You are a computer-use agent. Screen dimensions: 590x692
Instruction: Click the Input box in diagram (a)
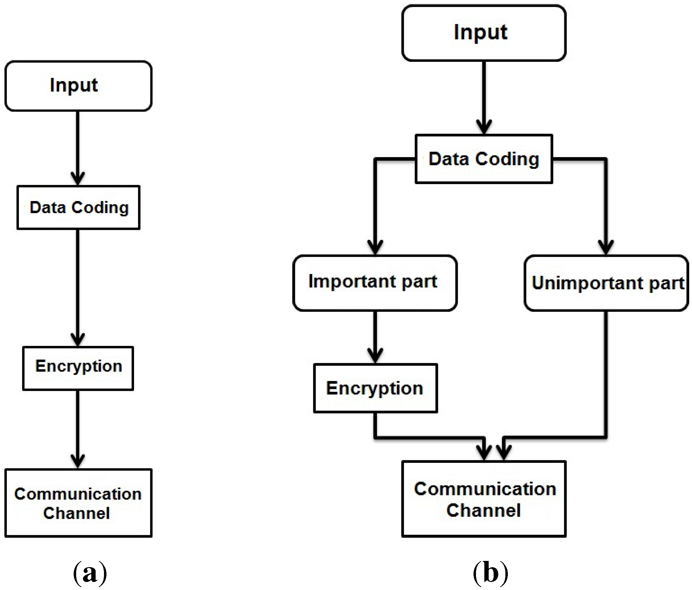[x=78, y=86]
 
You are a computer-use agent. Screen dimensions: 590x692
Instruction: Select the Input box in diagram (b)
[x=483, y=33]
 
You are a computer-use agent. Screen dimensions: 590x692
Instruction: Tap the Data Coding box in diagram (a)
[x=78, y=207]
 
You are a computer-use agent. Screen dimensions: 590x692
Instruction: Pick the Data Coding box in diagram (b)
[x=484, y=159]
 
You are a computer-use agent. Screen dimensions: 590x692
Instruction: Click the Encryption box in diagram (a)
[x=78, y=368]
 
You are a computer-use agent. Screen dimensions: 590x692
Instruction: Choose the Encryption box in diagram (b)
[x=375, y=388]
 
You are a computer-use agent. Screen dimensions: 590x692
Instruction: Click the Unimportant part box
[x=606, y=283]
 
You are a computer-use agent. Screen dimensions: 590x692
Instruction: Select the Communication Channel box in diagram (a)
[x=78, y=502]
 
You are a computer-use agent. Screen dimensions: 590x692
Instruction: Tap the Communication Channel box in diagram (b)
[x=484, y=499]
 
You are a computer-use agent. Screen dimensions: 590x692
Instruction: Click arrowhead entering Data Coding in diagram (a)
[x=78, y=178]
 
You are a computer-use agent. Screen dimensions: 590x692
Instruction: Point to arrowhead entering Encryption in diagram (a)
[x=78, y=339]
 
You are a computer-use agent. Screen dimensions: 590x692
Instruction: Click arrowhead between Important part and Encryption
[x=375, y=355]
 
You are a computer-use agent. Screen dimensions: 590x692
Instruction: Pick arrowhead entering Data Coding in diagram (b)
[x=484, y=127]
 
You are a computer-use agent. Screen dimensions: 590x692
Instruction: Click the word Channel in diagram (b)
[x=483, y=510]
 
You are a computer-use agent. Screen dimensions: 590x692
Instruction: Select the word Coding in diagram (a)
[x=100, y=207]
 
